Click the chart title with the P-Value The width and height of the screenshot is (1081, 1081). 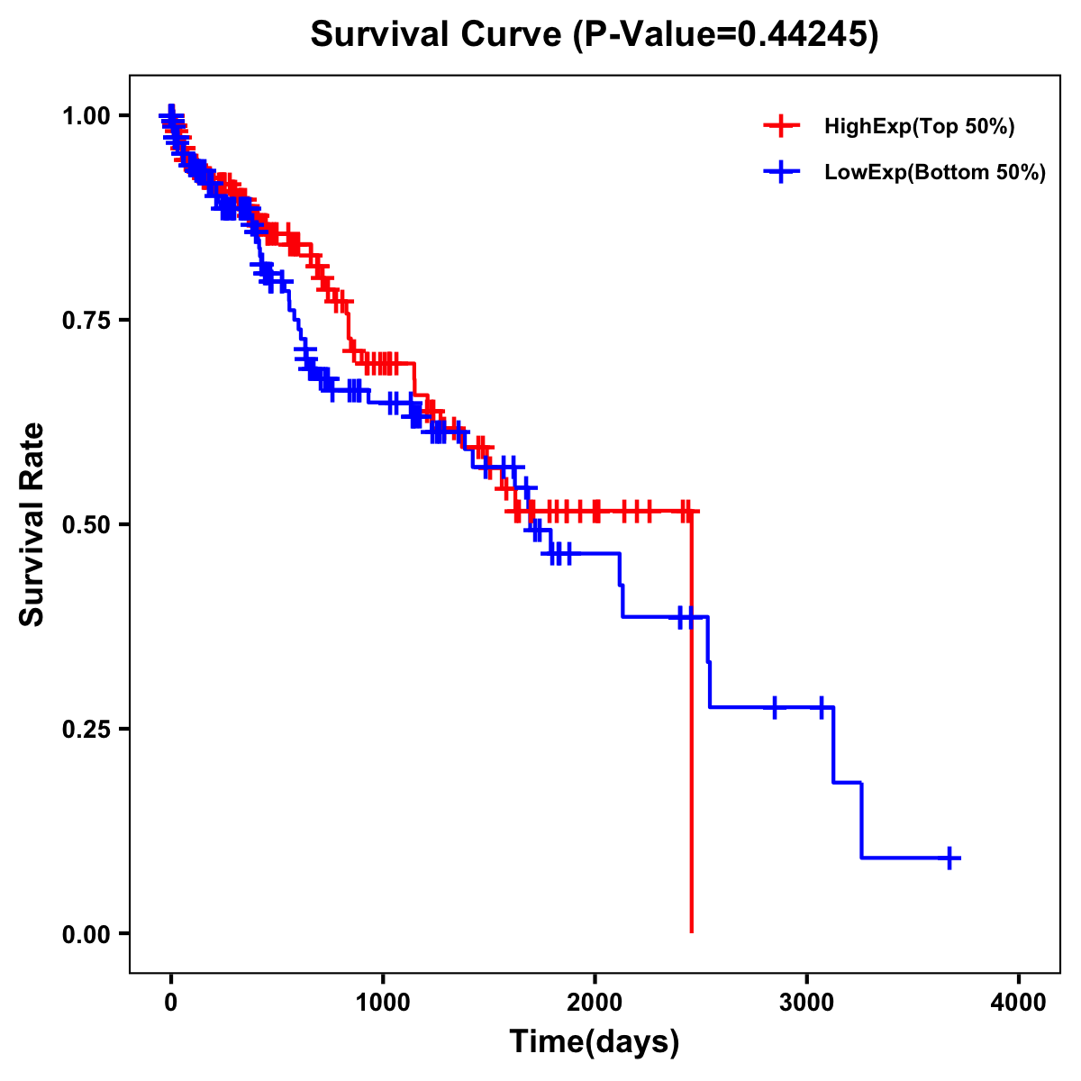(x=595, y=34)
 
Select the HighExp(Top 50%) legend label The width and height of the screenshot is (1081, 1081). (x=920, y=127)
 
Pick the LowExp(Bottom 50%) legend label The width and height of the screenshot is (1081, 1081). (x=935, y=172)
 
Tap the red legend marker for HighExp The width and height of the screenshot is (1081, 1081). (x=781, y=126)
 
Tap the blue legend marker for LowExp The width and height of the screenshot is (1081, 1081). (x=781, y=171)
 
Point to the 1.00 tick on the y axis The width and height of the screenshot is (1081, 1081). (x=86, y=116)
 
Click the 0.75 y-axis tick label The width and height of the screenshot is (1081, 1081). (x=86, y=321)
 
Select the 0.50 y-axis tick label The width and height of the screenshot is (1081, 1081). (x=86, y=525)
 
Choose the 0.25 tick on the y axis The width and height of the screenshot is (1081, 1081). (x=86, y=730)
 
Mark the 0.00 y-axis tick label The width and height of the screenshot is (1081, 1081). (x=86, y=934)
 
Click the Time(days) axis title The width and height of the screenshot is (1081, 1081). (x=595, y=1042)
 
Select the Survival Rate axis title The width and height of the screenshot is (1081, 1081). (x=32, y=524)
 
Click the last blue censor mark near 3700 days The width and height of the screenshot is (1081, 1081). (x=949, y=858)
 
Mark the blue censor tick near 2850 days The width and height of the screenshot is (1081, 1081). (x=774, y=707)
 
